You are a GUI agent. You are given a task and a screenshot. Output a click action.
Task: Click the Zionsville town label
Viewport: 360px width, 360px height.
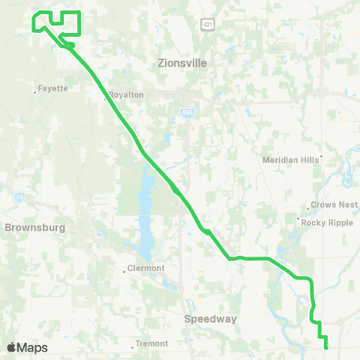click(181, 64)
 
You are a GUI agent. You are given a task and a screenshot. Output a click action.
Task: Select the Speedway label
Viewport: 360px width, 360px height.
click(210, 319)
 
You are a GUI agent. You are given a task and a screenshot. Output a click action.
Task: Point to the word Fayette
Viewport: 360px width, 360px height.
click(53, 88)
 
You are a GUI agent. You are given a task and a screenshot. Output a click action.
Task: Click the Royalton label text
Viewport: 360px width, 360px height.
click(126, 95)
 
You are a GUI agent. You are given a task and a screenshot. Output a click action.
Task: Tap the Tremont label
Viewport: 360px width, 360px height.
click(152, 344)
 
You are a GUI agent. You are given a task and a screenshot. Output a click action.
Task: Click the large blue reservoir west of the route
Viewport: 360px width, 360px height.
click(145, 214)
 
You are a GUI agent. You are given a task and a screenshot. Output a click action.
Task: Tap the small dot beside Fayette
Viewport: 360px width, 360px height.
click(35, 92)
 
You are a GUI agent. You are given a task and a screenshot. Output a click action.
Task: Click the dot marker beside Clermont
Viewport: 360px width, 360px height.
click(125, 271)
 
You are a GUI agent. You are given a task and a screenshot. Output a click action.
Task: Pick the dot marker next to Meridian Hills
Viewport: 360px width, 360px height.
click(321, 158)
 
